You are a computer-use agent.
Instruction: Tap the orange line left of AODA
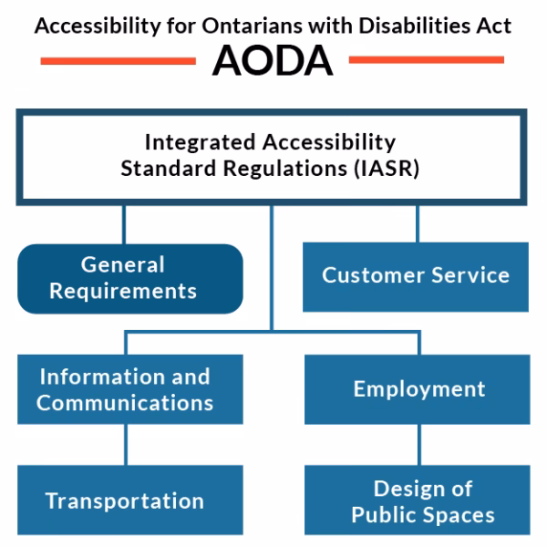click(119, 60)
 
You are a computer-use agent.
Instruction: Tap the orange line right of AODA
click(427, 60)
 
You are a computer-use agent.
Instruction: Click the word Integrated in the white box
click(200, 143)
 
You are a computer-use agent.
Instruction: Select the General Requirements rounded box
click(129, 277)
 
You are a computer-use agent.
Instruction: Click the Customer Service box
click(416, 274)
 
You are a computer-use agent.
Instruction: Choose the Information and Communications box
click(126, 388)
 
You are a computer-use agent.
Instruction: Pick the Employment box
click(418, 388)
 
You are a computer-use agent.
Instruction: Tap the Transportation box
click(126, 501)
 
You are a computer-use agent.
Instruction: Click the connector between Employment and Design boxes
click(419, 445)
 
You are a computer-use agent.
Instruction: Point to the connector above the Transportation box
click(126, 445)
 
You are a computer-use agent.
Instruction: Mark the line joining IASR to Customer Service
click(418, 222)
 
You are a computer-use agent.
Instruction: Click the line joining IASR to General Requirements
click(124, 224)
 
